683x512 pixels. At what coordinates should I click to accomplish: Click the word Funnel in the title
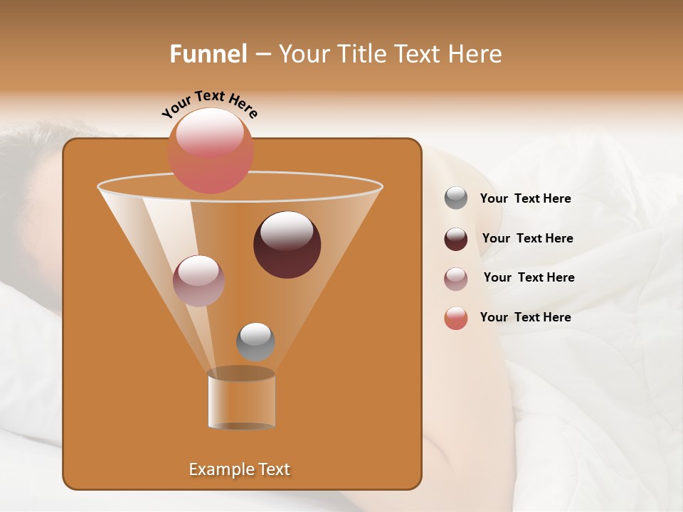point(208,54)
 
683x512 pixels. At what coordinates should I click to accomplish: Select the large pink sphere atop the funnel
point(211,150)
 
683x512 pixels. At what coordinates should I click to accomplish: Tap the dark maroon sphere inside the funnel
point(287,244)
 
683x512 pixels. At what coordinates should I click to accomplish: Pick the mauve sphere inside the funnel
point(198,280)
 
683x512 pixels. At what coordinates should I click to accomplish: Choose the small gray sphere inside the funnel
point(255,341)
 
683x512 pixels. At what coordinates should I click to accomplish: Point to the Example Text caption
point(239,469)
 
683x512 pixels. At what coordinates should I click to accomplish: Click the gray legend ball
point(456,198)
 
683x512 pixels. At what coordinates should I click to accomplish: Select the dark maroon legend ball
point(456,239)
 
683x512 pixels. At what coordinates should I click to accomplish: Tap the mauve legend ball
point(456,279)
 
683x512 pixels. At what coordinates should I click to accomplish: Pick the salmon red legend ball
point(456,319)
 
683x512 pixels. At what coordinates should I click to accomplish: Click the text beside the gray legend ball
point(525,199)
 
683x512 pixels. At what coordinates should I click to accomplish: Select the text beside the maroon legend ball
point(527,238)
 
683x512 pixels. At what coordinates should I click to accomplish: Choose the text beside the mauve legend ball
point(529,277)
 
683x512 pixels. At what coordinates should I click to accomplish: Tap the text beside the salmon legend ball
point(525,317)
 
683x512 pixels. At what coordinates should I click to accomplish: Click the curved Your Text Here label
point(209,103)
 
